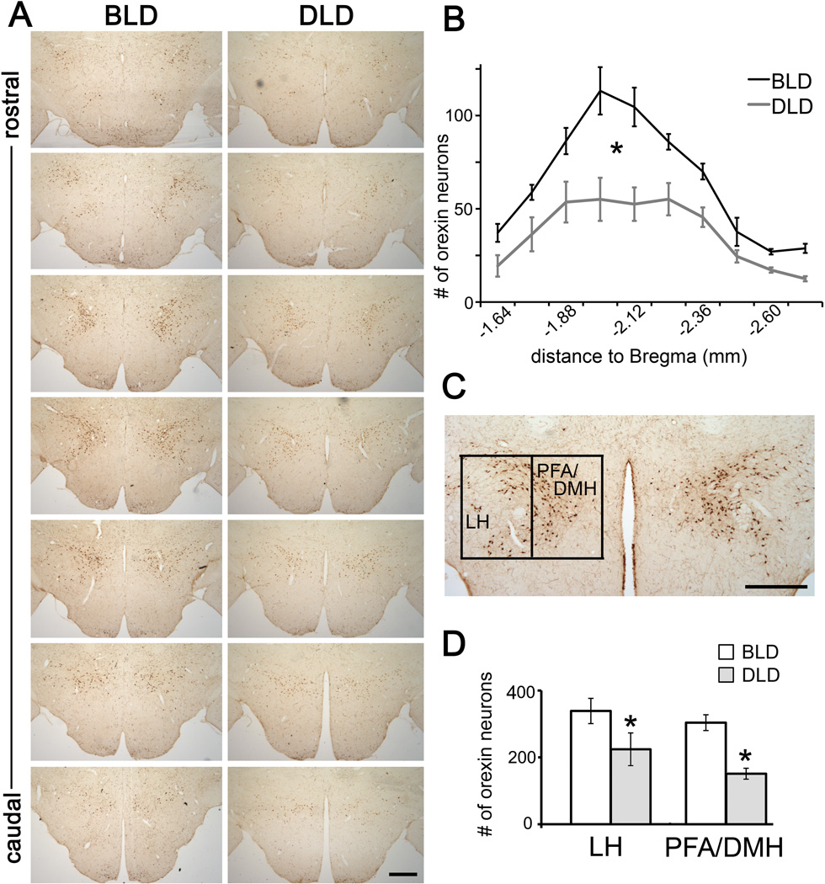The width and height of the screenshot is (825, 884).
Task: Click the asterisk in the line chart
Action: (x=617, y=151)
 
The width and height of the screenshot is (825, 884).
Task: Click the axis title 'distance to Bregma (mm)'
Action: (x=640, y=357)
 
